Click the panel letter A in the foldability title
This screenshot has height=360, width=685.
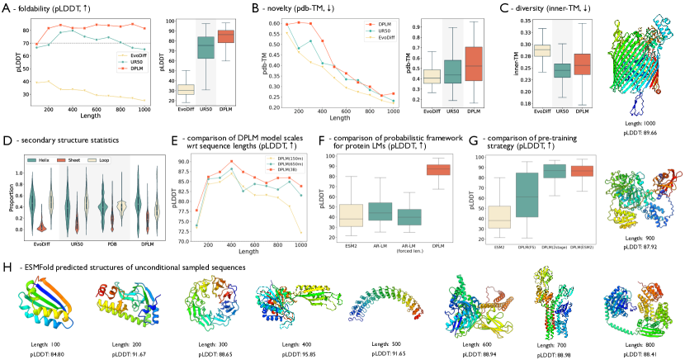[7, 7]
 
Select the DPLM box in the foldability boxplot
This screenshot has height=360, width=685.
[224, 36]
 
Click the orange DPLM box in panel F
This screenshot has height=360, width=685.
[437, 169]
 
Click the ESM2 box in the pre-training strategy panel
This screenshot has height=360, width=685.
[498, 217]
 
